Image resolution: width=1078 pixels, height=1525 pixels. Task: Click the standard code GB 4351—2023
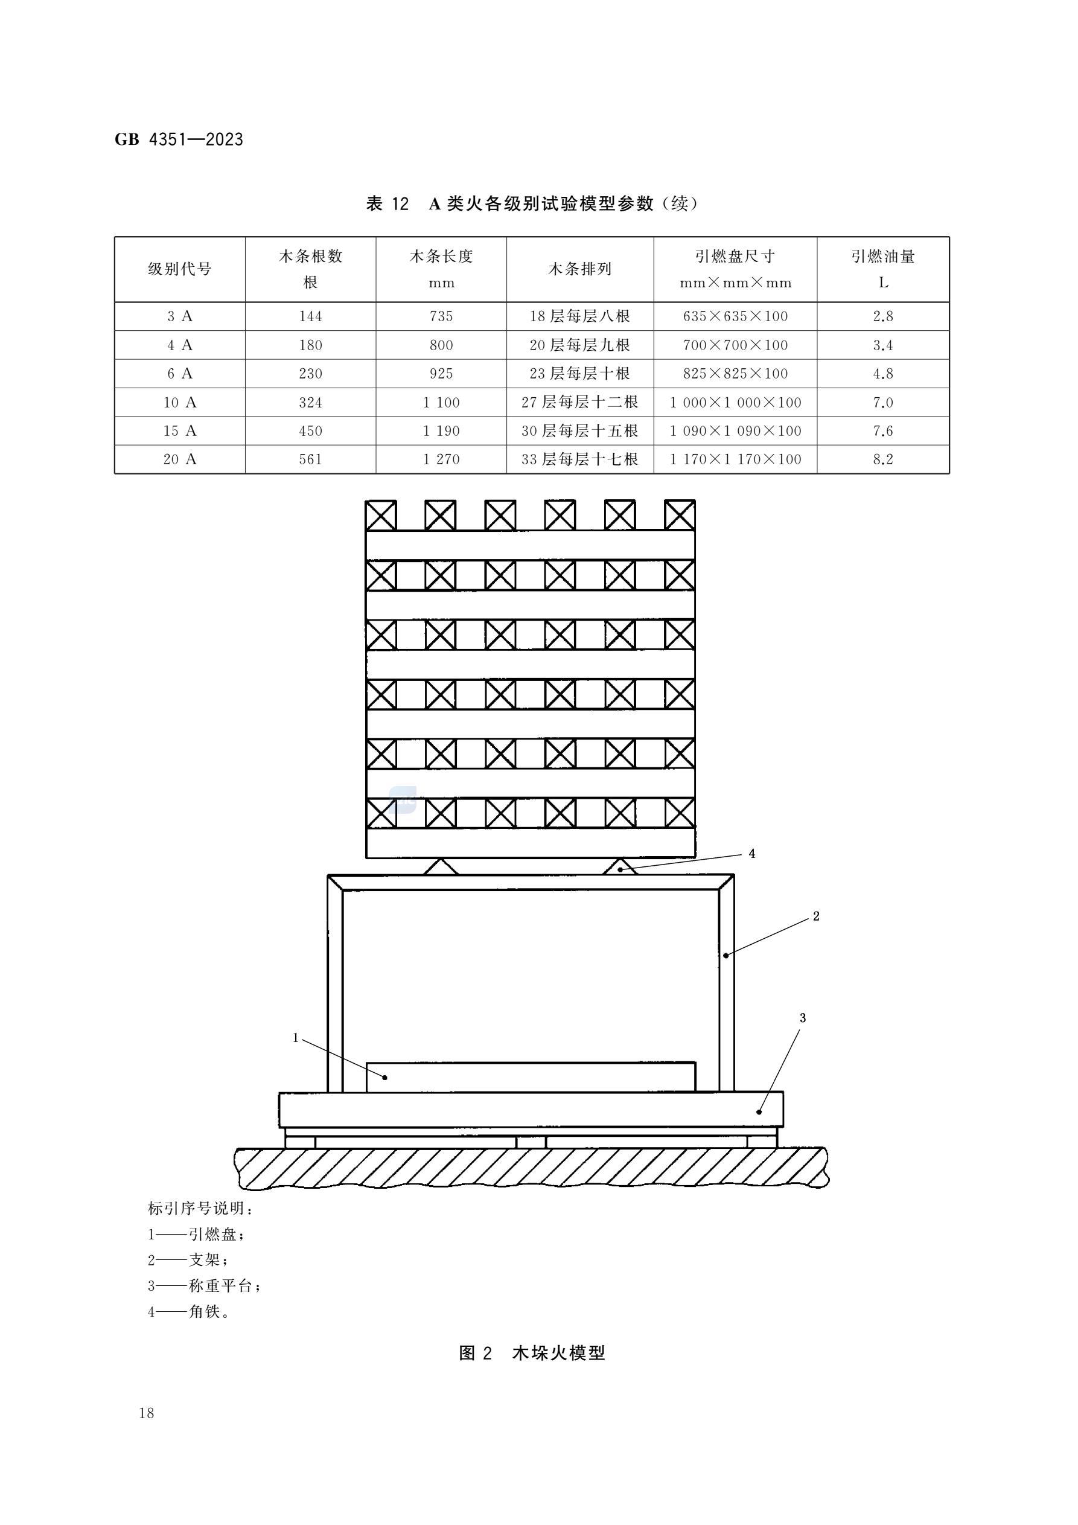coord(179,139)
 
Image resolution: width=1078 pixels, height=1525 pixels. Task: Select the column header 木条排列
coord(579,269)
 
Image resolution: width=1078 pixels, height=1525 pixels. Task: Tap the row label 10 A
coord(179,403)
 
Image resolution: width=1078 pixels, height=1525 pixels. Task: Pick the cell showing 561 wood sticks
coord(310,459)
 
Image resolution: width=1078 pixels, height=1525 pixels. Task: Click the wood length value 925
coord(441,374)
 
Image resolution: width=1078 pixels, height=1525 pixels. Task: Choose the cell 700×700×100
coord(735,345)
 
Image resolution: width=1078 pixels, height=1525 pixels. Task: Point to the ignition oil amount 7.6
coord(882,431)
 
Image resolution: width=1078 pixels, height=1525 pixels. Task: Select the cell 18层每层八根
coord(579,317)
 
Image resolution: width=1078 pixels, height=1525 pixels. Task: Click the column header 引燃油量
coord(882,257)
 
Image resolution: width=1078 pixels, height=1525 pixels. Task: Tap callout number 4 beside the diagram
coord(752,854)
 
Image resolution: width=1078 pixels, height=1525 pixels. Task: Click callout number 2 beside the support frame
coord(816,916)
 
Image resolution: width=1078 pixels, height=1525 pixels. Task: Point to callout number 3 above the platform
coord(802,1018)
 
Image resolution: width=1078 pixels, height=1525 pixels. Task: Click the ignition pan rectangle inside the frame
coord(531,1076)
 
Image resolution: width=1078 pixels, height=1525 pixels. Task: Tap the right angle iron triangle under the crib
coord(620,866)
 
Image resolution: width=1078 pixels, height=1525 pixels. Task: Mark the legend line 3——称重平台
coord(204,1286)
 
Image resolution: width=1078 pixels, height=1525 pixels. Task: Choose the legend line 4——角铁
coord(189,1312)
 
